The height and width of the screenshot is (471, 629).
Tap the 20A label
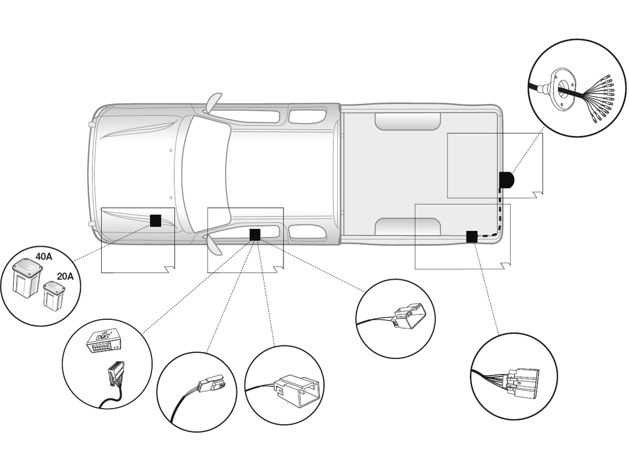(65, 276)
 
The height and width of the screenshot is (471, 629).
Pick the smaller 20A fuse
(53, 295)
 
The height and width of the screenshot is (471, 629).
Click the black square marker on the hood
(156, 220)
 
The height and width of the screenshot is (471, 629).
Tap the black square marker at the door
(255, 234)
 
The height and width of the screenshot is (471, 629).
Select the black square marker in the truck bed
(472, 237)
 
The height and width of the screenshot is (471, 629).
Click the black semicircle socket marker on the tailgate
(506, 180)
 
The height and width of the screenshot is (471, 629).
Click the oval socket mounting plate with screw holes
(560, 87)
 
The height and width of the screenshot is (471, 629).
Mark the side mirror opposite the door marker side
(214, 102)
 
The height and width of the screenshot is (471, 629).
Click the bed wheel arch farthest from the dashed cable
(408, 121)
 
